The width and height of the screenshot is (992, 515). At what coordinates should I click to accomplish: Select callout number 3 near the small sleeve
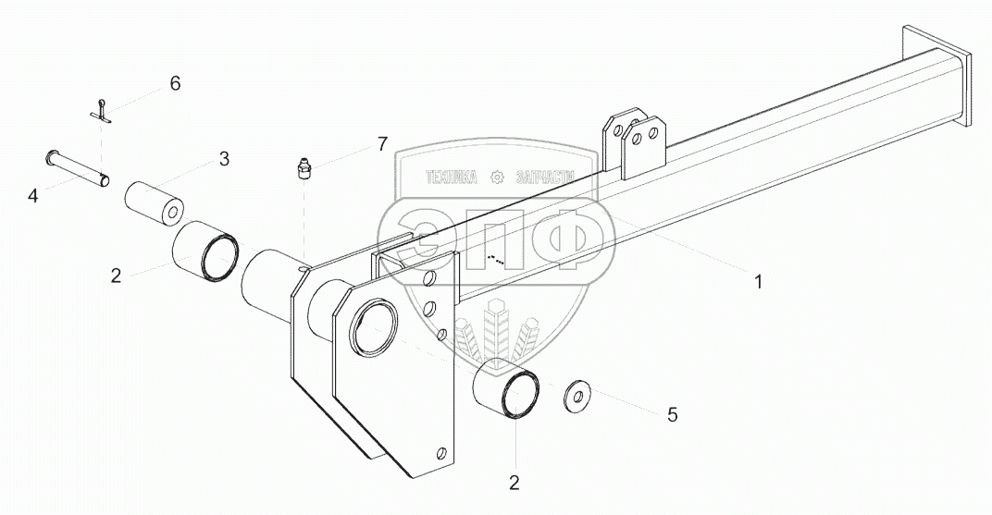[x=224, y=159]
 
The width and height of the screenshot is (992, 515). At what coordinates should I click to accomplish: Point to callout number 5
[x=672, y=415]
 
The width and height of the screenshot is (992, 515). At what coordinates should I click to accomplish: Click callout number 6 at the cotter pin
[x=175, y=83]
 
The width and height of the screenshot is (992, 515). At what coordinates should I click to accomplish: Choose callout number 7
[x=381, y=143]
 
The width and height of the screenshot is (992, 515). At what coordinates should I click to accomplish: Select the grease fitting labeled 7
[x=302, y=170]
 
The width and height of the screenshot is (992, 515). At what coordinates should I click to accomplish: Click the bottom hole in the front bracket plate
[x=442, y=452]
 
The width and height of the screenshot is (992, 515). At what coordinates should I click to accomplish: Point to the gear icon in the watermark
[x=497, y=177]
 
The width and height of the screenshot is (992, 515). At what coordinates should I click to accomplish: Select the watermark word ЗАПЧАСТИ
[x=543, y=177]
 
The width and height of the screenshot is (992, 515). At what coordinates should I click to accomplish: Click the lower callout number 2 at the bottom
[x=515, y=481]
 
